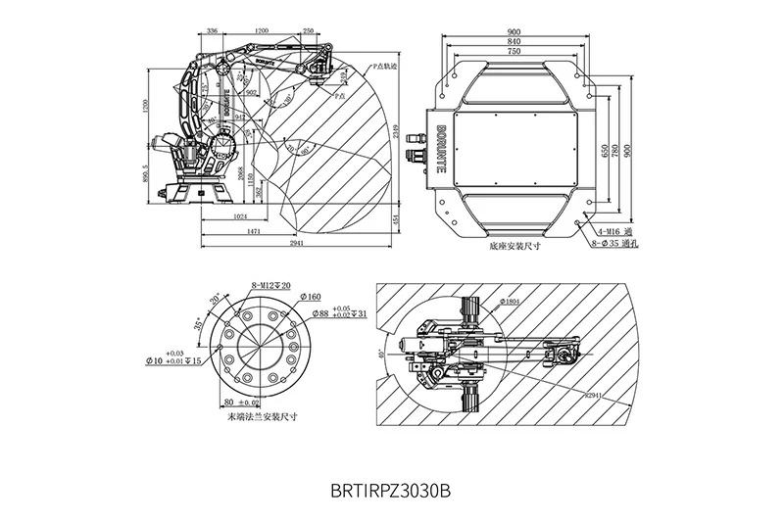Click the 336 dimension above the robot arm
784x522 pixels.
(215, 30)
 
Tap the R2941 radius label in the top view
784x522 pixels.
(591, 396)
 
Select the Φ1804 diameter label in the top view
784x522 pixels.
(510, 302)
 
